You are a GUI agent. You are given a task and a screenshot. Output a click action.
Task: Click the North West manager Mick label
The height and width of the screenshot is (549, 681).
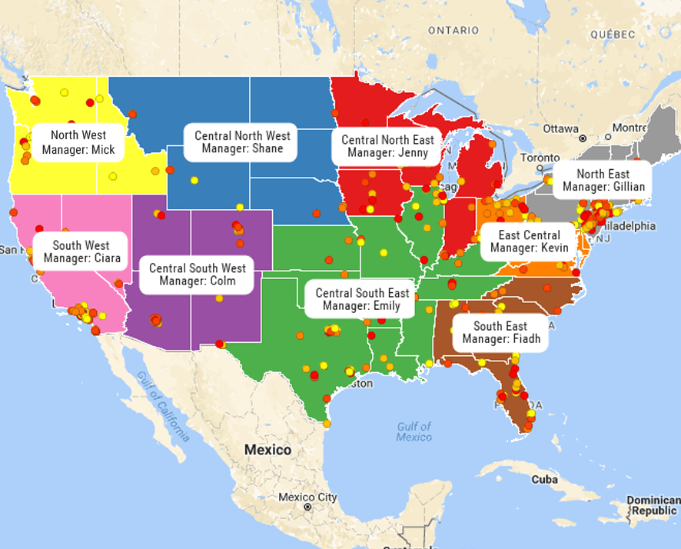tap(78, 142)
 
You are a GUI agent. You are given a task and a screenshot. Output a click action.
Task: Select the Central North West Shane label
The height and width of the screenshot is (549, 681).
tap(242, 142)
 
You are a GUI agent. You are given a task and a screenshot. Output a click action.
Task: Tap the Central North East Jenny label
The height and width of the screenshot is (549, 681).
tap(387, 146)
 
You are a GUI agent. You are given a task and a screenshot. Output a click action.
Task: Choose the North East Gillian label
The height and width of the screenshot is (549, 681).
tap(603, 181)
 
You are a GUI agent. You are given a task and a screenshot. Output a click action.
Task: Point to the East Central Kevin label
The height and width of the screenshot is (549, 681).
tap(530, 241)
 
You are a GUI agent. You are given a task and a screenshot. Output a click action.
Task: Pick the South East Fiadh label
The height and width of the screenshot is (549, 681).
tap(501, 333)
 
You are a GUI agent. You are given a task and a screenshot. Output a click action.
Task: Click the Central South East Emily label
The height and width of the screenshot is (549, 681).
tap(362, 299)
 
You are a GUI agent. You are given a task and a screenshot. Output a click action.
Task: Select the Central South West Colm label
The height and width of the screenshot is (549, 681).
tap(197, 274)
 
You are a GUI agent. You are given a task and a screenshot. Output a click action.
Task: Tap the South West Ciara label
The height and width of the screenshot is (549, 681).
tap(81, 251)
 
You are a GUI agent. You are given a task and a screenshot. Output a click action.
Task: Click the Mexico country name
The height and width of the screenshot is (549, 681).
tap(267, 450)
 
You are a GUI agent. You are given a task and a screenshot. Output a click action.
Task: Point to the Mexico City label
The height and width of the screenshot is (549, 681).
tap(308, 497)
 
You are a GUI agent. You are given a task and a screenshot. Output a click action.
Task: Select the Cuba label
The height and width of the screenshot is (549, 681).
tap(544, 479)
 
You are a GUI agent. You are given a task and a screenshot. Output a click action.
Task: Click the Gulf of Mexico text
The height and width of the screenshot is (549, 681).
tap(414, 431)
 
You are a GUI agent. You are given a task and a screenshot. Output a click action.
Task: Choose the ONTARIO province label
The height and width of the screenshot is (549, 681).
tap(453, 30)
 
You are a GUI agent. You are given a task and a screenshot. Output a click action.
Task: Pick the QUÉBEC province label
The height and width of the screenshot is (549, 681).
tap(613, 35)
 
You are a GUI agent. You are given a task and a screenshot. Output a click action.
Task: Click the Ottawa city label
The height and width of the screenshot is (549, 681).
tap(560, 128)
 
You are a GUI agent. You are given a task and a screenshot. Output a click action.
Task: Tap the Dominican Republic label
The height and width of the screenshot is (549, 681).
tap(652, 505)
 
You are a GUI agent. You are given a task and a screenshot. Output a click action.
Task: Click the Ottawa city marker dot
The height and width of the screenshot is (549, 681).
tap(583, 138)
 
